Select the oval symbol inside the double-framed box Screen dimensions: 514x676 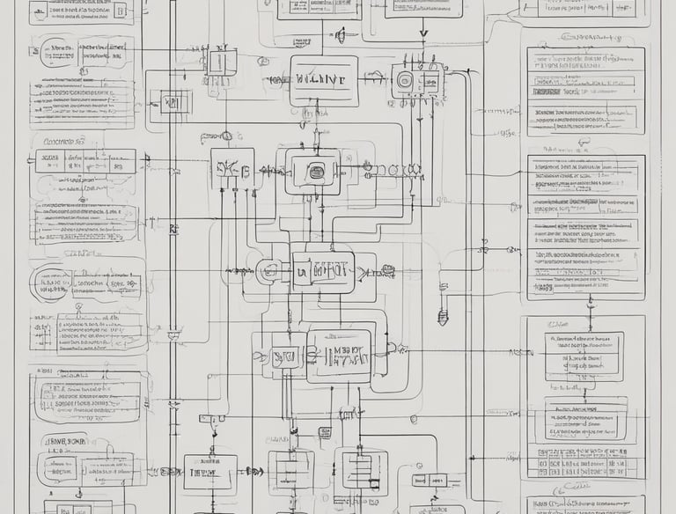point(312,171)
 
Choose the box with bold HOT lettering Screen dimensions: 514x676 point(323,272)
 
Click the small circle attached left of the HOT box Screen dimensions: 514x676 point(268,272)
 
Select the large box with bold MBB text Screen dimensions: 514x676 point(339,356)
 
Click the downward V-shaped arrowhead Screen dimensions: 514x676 point(423,35)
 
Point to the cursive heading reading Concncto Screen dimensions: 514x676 point(58,141)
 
